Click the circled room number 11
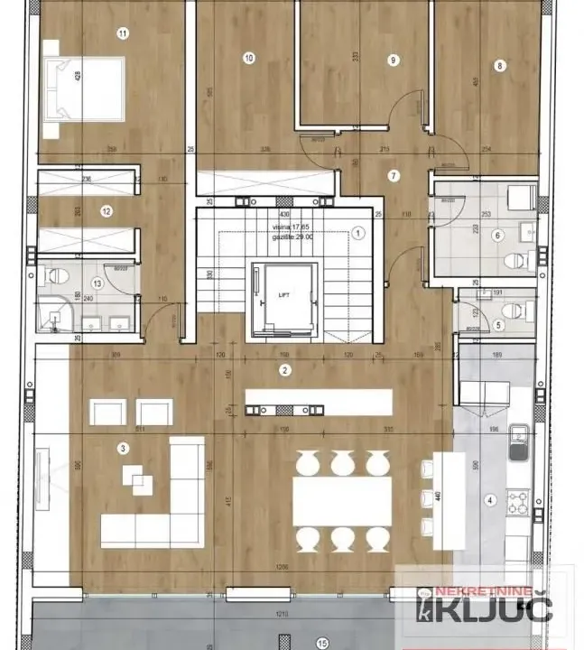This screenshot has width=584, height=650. [x=123, y=33]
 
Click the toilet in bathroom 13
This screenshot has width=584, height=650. [x=54, y=275]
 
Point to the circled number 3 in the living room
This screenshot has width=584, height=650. [x=123, y=447]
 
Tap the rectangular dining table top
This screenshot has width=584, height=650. [x=342, y=500]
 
